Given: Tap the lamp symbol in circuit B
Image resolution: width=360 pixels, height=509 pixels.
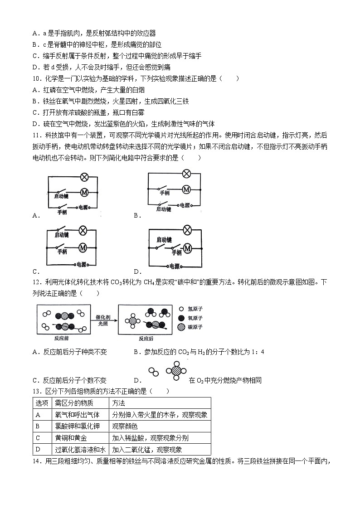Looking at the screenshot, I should point(186,174).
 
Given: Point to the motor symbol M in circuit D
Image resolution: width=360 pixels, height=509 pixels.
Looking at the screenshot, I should point(186,247).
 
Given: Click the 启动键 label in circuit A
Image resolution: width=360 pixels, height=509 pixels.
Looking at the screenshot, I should point(61,196).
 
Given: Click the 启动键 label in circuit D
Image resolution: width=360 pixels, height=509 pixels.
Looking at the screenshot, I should point(164,239).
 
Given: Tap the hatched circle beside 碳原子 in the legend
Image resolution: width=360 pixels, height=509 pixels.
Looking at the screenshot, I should point(182,327).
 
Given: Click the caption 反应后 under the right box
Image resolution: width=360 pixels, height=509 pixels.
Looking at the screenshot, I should point(147,338).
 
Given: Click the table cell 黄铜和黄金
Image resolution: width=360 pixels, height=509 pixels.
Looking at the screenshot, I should point(71,438).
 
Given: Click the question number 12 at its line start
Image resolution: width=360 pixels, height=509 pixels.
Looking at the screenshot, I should point(36,282).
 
